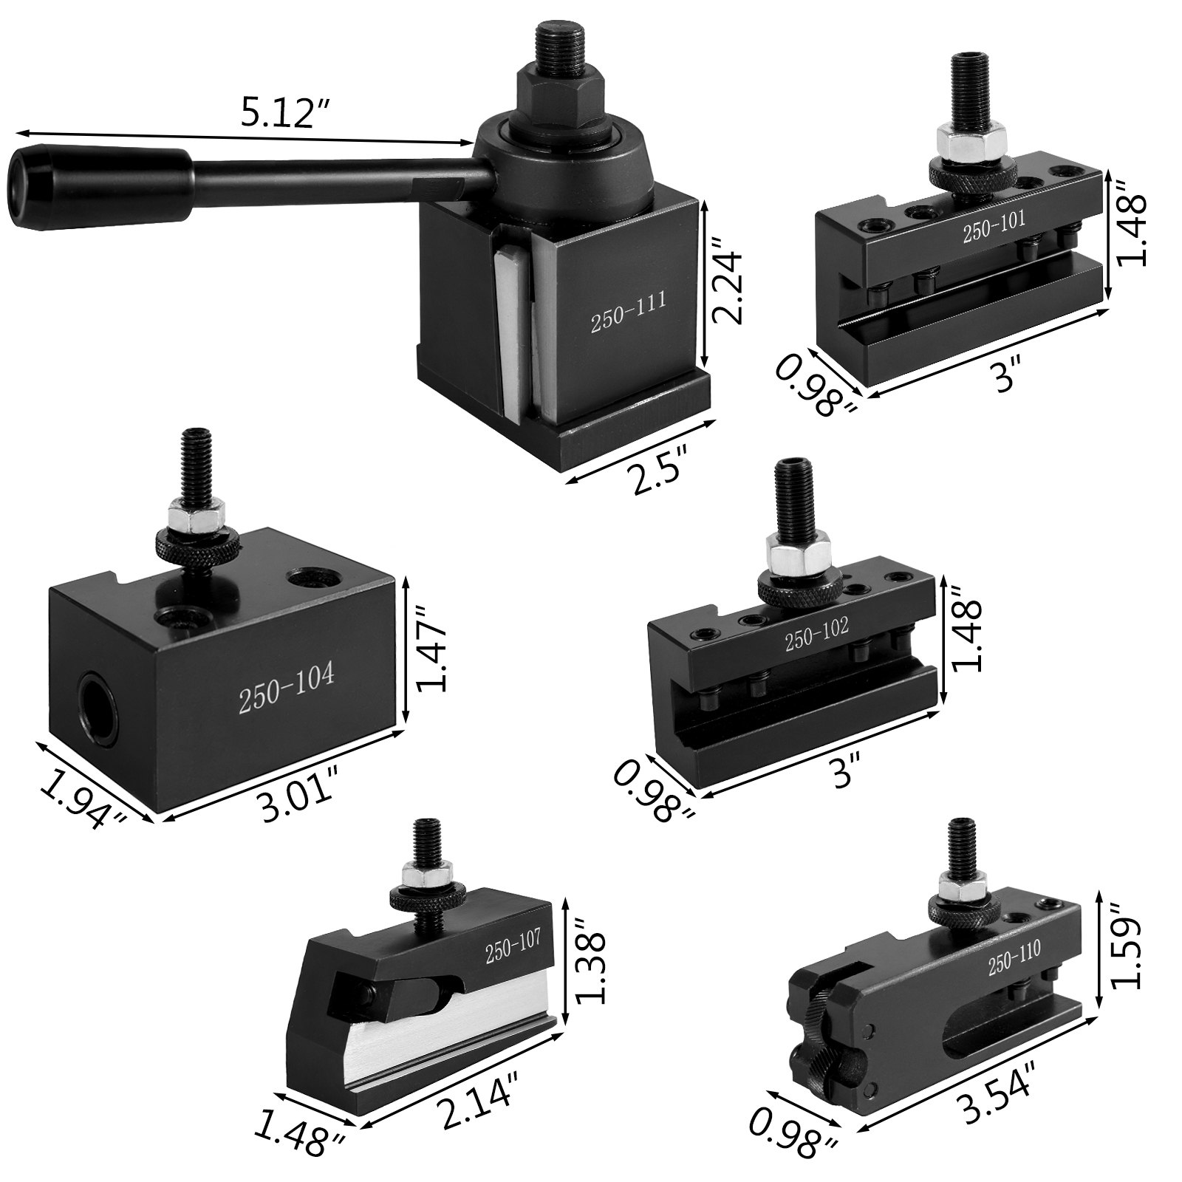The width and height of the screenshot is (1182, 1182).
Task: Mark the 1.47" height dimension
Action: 431,648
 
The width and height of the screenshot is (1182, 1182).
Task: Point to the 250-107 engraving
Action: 513,956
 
